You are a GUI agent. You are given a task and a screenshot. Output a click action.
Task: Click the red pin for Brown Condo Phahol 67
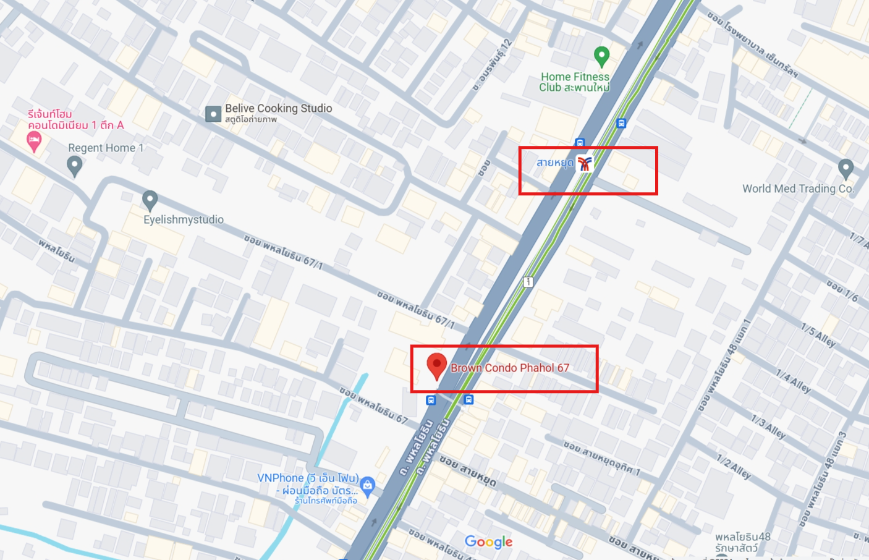436,365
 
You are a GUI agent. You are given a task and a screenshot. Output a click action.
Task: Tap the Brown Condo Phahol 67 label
509,368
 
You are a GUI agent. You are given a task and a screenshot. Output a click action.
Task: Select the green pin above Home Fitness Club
601,56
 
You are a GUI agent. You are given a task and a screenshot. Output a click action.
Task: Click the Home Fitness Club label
574,82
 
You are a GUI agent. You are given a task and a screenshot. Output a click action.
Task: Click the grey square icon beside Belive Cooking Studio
213,114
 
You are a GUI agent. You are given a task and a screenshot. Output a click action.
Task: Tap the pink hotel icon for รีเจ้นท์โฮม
34,142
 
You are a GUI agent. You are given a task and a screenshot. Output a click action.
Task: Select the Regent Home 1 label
106,148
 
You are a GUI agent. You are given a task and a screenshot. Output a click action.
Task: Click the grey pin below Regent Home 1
75,166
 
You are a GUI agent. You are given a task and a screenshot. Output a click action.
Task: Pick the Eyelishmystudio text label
184,219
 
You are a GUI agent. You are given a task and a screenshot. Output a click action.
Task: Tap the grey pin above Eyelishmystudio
150,200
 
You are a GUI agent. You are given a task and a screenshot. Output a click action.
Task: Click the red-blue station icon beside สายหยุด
584,163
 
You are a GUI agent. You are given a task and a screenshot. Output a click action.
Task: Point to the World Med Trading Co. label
797,189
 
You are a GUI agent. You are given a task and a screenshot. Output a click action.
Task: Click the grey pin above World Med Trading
846,168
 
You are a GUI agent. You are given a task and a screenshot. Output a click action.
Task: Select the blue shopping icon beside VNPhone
368,486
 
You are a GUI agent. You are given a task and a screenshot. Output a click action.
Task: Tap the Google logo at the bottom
488,542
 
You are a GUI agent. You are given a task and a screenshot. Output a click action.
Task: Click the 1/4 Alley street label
793,382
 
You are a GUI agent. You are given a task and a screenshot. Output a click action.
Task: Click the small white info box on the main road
528,282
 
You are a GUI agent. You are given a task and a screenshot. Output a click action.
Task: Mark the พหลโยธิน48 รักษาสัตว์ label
742,542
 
